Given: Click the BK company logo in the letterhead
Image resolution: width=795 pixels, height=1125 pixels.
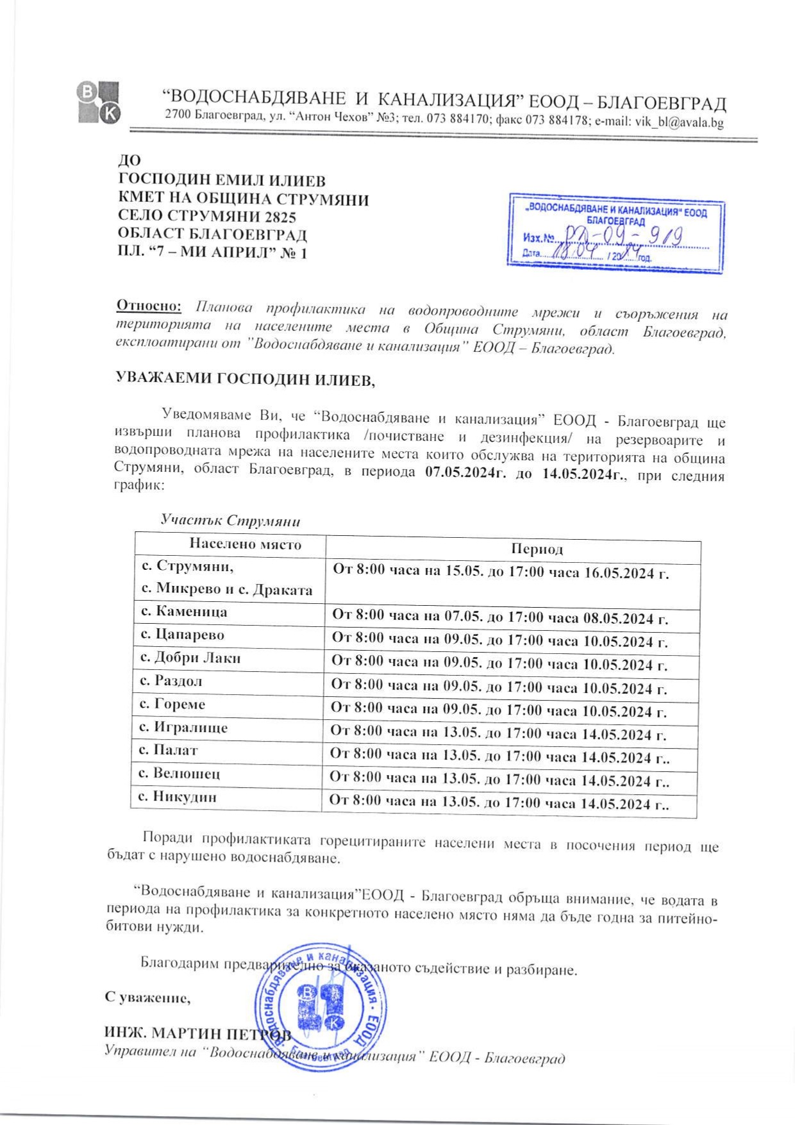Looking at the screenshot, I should point(98,102).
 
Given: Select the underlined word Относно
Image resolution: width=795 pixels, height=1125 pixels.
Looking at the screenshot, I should point(149,305).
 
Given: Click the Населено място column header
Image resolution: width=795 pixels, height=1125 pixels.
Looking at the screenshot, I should point(245,545).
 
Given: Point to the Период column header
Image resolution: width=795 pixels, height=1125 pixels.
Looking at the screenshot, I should point(537,549).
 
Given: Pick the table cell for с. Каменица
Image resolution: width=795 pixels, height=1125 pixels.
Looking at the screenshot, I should point(184,612).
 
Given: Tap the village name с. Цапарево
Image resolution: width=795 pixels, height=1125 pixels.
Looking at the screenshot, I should point(183,635).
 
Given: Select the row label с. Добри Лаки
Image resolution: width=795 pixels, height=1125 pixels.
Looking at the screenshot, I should point(190,658).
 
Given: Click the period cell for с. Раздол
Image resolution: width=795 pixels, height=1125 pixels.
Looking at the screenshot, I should point(499,687).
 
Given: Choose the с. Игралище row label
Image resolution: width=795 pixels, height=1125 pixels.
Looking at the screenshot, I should point(183,728).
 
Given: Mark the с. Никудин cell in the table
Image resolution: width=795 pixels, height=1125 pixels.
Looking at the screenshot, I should point(178,797).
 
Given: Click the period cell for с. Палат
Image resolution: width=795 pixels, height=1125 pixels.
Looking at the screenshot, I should point(499,756).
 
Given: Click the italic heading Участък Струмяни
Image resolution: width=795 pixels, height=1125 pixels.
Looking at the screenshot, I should point(230,521).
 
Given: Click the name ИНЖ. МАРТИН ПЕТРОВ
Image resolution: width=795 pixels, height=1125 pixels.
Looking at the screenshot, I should point(197,1033).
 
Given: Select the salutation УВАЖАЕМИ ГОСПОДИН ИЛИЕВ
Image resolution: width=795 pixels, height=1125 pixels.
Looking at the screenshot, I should point(245,379).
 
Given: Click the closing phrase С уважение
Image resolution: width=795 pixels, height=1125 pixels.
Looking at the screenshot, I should point(147,997).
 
